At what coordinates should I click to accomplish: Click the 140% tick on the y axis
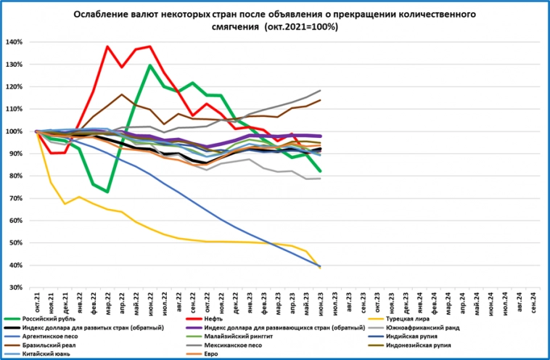[x=15, y=42]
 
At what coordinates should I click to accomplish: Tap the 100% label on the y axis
[x=15, y=131]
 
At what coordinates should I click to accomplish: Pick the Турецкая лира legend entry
[x=411, y=319]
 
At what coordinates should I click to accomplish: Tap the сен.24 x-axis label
[x=534, y=300]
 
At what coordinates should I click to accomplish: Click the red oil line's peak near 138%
[x=107, y=46]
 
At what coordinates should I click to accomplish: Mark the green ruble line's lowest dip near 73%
[x=107, y=192]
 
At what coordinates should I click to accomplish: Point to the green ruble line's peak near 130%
[x=150, y=65]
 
